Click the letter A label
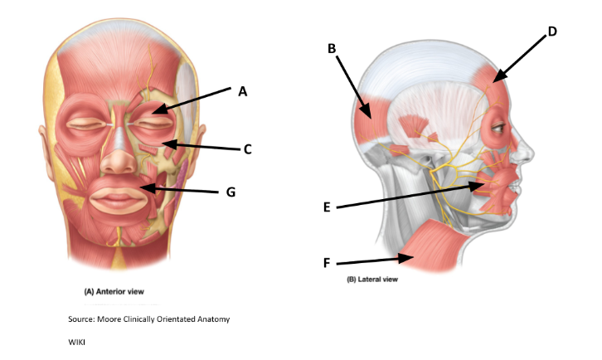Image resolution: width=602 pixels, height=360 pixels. (243, 91)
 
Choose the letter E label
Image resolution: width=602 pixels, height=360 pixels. (328, 207)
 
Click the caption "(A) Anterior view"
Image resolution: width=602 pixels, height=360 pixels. (115, 292)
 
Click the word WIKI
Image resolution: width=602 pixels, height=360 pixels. (77, 341)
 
